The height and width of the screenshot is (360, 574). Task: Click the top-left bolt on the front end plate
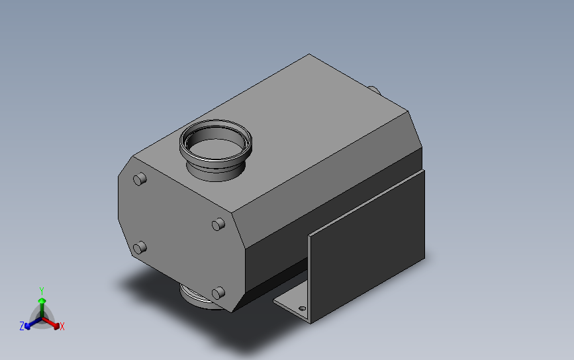coord(140,179)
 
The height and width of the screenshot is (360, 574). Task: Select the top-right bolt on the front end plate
coord(217,224)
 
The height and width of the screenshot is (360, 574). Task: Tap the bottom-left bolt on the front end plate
coord(139,248)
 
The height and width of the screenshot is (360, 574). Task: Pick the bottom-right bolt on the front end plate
coord(216,292)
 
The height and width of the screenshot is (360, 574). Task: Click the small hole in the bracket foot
coord(303,308)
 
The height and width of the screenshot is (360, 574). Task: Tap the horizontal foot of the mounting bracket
coord(291,306)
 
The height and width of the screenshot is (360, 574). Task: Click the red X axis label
coord(62,326)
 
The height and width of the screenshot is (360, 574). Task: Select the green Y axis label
coord(41,291)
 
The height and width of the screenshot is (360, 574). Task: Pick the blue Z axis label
coord(21,326)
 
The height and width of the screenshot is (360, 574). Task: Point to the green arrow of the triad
coord(42,304)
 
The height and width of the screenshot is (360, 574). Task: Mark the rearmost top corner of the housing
coord(309,54)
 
